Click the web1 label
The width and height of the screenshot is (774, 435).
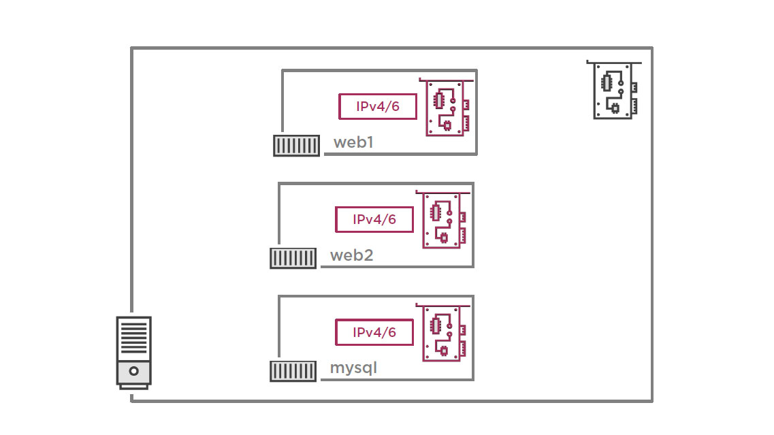(353, 143)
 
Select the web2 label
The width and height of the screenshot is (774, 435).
(351, 256)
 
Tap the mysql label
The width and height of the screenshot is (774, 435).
(353, 368)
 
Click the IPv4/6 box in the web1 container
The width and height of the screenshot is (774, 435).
(377, 106)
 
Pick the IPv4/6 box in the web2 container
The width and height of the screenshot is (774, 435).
(374, 219)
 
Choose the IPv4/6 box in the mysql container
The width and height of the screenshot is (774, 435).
(374, 332)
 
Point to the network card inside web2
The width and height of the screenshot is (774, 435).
(445, 220)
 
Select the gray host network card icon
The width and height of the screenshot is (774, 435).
(614, 90)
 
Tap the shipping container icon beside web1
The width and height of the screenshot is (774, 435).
(296, 146)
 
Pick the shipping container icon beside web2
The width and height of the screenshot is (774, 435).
(293, 258)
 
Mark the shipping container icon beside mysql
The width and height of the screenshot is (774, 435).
(293, 371)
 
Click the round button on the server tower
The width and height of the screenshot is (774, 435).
(134, 372)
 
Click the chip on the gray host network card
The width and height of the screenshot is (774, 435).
(606, 82)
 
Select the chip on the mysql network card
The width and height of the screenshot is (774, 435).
(435, 325)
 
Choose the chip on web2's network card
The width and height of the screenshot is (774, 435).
(435, 213)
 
